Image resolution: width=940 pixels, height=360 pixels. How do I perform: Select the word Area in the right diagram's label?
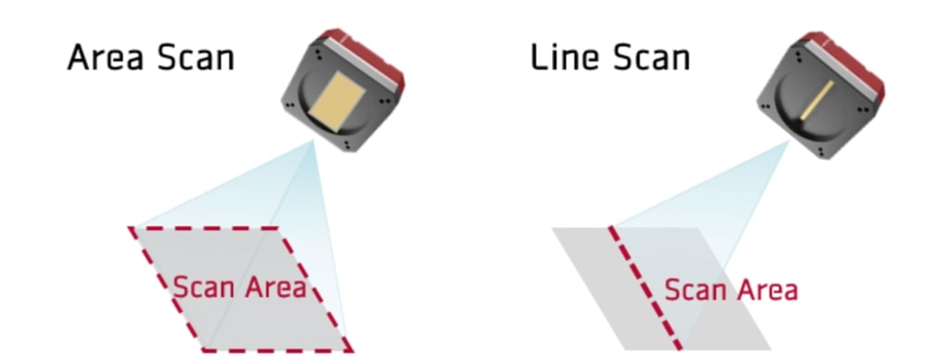coord(765,289)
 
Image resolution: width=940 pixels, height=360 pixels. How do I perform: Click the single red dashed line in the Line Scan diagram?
coord(645,288)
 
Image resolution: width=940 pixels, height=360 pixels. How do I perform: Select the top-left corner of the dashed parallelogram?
coord(131,227)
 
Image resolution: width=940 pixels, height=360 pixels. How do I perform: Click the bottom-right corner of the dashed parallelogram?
coord(351,351)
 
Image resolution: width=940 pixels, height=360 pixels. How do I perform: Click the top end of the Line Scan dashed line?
coord(610,227)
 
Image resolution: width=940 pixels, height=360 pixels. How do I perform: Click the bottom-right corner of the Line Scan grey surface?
coord(769,349)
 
